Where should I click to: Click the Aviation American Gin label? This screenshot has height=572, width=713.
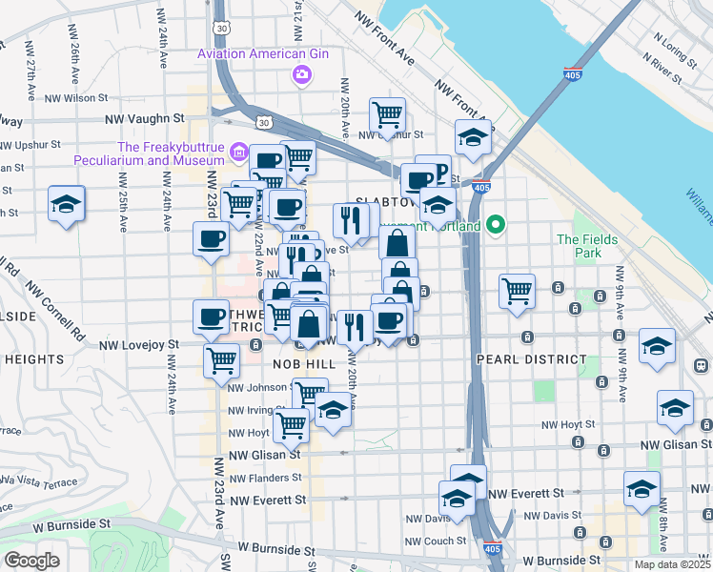262,54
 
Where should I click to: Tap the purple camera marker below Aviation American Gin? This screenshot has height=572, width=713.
302,74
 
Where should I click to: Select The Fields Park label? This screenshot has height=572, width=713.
587,246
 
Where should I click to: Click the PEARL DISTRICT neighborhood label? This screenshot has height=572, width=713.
531,359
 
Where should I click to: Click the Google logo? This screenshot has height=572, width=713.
31,561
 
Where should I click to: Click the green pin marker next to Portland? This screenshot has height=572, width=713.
495,226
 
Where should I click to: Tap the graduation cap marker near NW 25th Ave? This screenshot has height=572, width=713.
67,204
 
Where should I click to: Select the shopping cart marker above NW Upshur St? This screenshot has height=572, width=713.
387,115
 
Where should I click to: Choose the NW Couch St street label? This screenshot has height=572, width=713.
426,541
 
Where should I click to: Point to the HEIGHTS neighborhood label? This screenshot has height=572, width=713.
34,359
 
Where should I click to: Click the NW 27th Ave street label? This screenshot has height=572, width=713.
31,76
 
